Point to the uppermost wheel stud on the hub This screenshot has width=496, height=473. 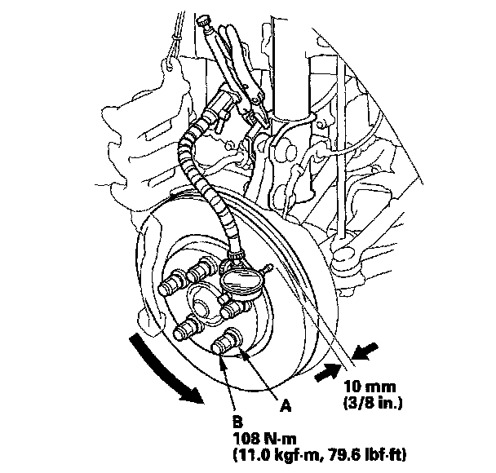pos(193,271)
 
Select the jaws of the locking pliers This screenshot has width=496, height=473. pos(253,109)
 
